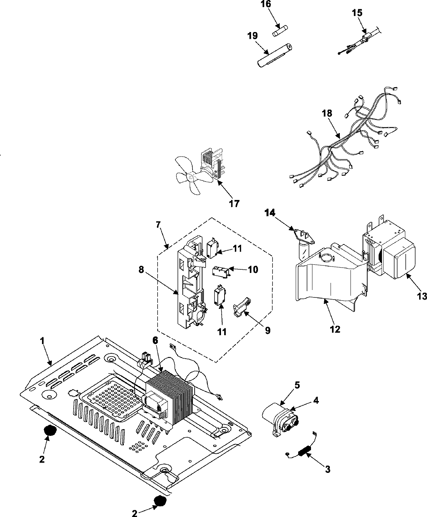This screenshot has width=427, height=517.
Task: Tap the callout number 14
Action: [x=270, y=213]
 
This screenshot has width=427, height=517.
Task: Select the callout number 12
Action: [x=335, y=329]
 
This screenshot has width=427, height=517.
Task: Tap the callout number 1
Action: [x=42, y=341]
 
